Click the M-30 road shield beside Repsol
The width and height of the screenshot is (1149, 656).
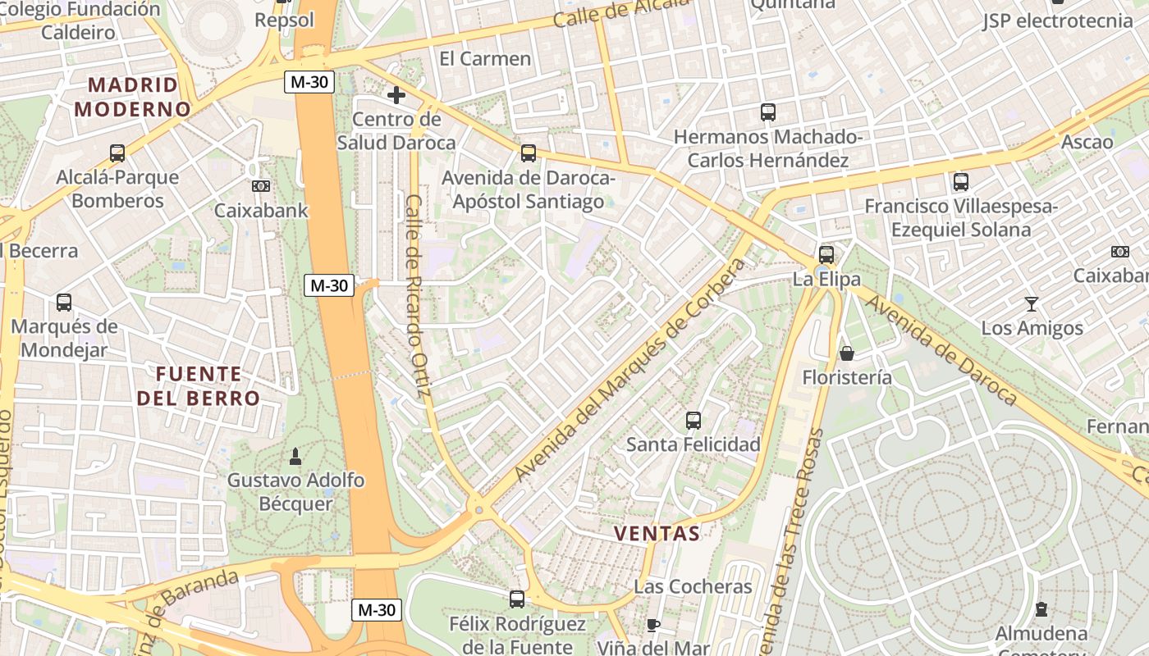(309, 82)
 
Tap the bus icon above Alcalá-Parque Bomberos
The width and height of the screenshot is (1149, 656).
(117, 153)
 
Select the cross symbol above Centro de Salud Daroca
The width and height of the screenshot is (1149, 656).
(396, 95)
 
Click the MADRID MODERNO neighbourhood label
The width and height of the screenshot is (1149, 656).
(132, 97)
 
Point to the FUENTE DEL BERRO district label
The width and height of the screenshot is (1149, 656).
(199, 386)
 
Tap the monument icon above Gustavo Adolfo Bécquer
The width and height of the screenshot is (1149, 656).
(295, 456)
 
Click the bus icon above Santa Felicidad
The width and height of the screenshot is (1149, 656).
(694, 421)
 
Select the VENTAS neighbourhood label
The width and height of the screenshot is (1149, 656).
(657, 534)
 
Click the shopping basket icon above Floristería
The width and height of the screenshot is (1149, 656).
(846, 353)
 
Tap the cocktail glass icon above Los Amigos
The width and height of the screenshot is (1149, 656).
(1032, 304)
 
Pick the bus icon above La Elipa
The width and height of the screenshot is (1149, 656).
(826, 254)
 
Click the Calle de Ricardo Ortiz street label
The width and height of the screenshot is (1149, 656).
(418, 295)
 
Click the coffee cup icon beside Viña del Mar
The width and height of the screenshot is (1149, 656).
(653, 626)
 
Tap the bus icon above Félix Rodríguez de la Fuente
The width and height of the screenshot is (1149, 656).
(517, 599)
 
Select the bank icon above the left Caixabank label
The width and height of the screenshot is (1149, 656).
(261, 186)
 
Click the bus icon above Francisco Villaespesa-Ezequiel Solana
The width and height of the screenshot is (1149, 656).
(961, 182)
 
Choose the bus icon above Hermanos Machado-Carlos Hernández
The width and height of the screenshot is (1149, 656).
(768, 112)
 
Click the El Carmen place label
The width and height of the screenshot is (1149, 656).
(485, 58)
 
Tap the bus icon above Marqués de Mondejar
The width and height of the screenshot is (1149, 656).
(64, 303)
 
